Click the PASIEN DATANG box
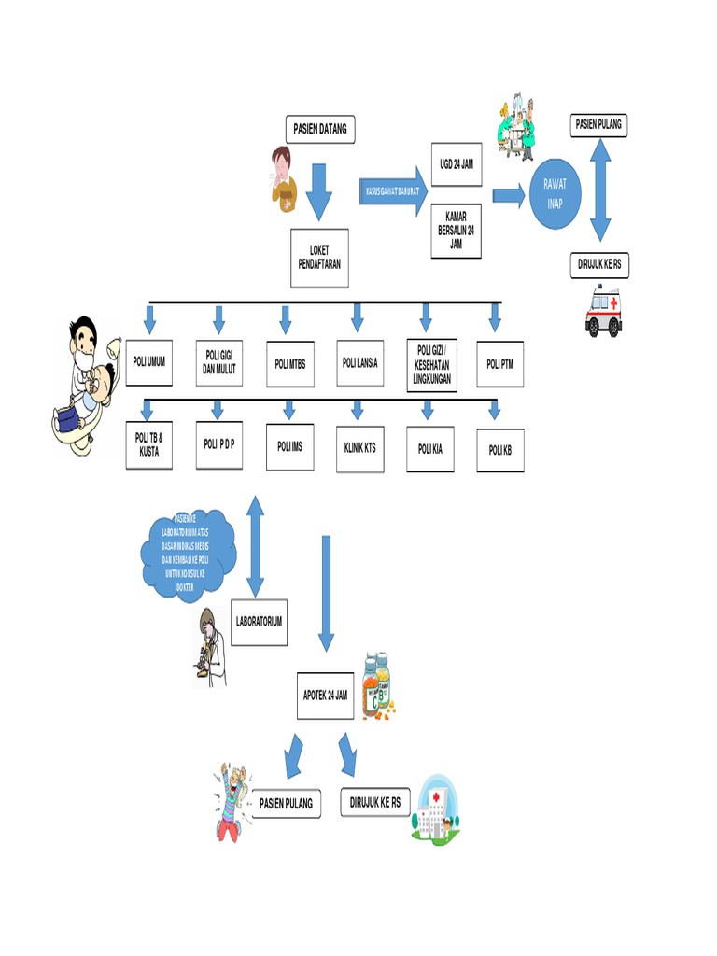pos(320,129)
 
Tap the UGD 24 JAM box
pos(457,164)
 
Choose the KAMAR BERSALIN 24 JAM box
pos(457,231)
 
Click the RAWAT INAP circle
pos(555,194)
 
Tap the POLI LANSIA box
pos(359,362)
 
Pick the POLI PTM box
pos(500,363)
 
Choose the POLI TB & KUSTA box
pos(148,444)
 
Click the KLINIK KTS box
pos(359,448)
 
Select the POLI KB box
pos(500,450)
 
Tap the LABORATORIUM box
pos(259,621)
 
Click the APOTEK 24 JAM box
pos(325,696)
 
